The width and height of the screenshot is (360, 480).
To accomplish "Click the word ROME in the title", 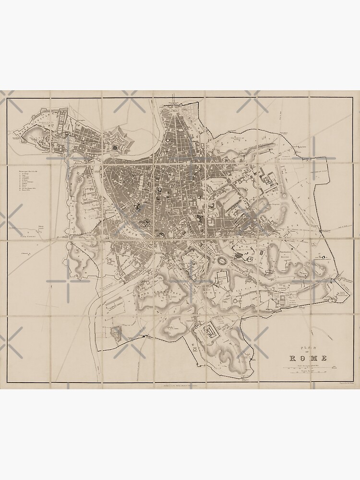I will tap(308, 358).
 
